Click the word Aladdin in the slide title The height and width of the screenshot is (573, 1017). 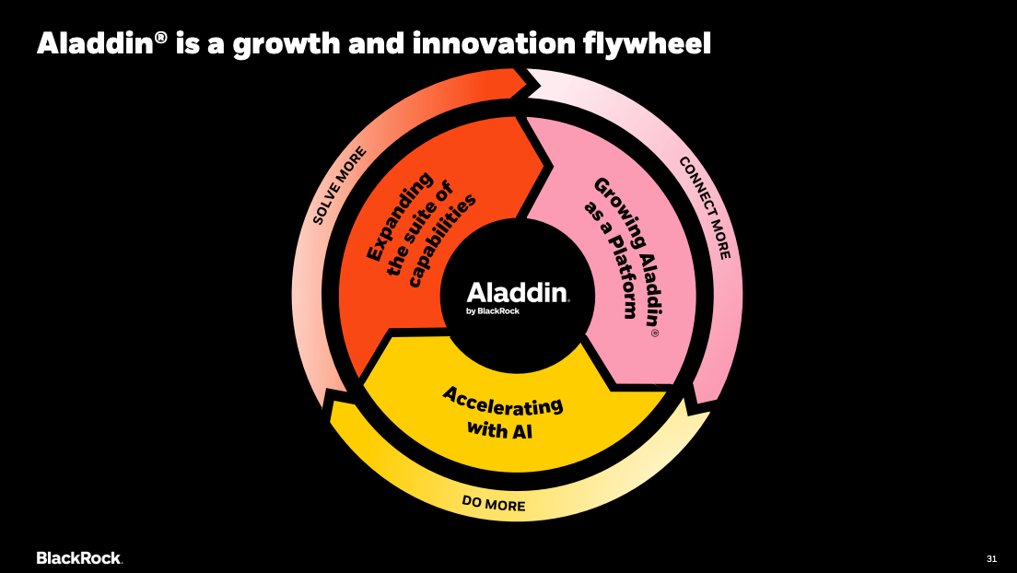pyautogui.click(x=96, y=43)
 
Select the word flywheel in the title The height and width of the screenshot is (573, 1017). pyautogui.click(x=647, y=44)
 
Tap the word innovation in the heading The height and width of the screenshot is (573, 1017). pyautogui.click(x=494, y=43)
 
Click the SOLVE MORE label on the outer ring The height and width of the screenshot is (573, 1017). pyautogui.click(x=340, y=185)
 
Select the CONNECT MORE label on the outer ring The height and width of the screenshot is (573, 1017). pyautogui.click(x=705, y=207)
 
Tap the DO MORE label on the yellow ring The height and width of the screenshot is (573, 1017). pyautogui.click(x=494, y=503)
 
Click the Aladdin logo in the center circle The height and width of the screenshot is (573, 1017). pyautogui.click(x=518, y=293)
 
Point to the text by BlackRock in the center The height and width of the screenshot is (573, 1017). pyautogui.click(x=493, y=311)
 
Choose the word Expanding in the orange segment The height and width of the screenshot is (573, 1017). pyautogui.click(x=400, y=216)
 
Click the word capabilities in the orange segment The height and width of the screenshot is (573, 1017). pyautogui.click(x=442, y=240)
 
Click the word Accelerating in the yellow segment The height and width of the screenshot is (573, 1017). pyautogui.click(x=503, y=401)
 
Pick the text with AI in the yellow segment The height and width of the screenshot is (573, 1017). pyautogui.click(x=499, y=429)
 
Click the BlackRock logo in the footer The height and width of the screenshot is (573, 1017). pyautogui.click(x=80, y=558)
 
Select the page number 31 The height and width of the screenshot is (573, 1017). pyautogui.click(x=992, y=559)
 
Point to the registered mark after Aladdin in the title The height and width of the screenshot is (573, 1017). pyautogui.click(x=161, y=37)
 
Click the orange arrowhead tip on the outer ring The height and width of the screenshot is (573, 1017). pyautogui.click(x=540, y=84)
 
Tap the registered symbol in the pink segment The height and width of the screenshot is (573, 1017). pyautogui.click(x=654, y=333)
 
